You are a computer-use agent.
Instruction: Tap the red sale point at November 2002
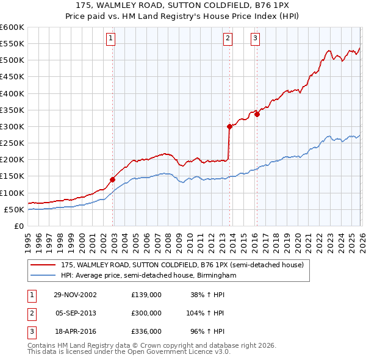(113, 179)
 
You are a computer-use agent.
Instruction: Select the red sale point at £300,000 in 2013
(229, 126)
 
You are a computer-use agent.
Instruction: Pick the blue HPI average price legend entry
(148, 275)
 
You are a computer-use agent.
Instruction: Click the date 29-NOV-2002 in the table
(75, 294)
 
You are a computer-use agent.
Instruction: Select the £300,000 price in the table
(146, 312)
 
